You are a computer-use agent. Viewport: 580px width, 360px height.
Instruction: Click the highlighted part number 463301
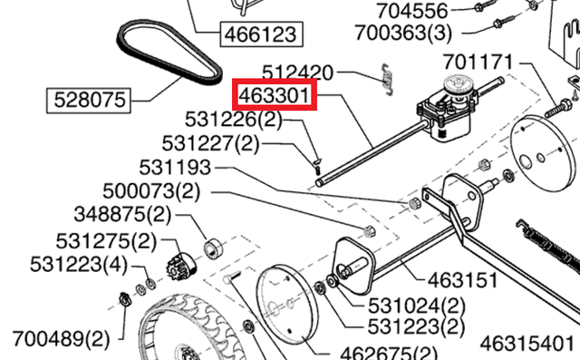(x=274, y=94)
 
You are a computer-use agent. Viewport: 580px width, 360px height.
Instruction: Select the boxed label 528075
(x=89, y=101)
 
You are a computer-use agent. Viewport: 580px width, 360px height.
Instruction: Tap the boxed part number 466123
(x=262, y=34)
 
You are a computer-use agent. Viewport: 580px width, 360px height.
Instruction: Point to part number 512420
(x=298, y=73)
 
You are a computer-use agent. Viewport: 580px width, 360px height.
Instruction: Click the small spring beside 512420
(x=387, y=79)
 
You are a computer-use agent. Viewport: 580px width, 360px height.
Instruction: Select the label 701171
(x=478, y=62)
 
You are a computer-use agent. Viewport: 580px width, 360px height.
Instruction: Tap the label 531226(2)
(x=234, y=120)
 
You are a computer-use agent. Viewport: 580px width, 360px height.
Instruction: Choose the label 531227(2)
(x=211, y=143)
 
